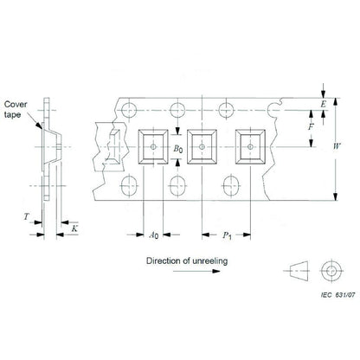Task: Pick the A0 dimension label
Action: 153,235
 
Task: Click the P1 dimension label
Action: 228,235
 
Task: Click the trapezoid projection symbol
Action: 294,271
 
